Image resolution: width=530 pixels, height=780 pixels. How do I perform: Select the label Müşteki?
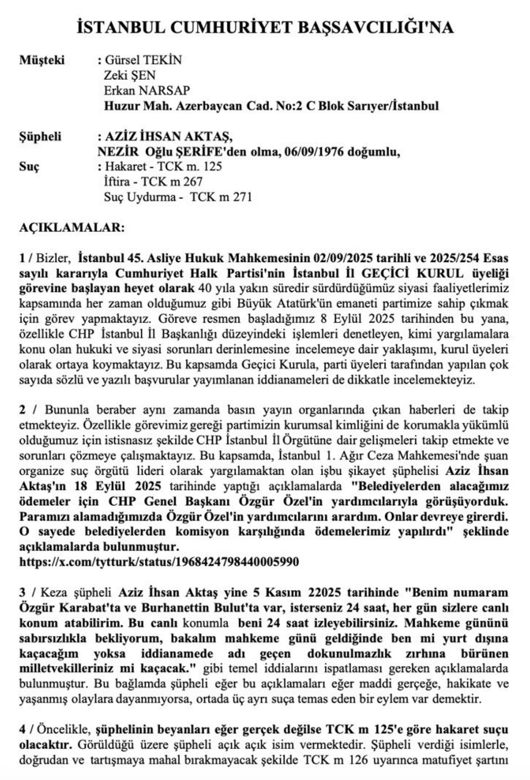click(42, 60)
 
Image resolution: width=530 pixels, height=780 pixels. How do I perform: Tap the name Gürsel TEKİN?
click(144, 60)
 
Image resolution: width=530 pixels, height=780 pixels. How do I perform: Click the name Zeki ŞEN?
click(130, 75)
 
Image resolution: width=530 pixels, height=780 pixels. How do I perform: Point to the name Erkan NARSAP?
click(147, 91)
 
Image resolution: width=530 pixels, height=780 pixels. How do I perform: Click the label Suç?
click(29, 167)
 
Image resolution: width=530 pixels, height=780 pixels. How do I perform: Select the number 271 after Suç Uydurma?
click(242, 197)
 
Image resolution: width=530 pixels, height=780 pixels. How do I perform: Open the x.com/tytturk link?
click(159, 562)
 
